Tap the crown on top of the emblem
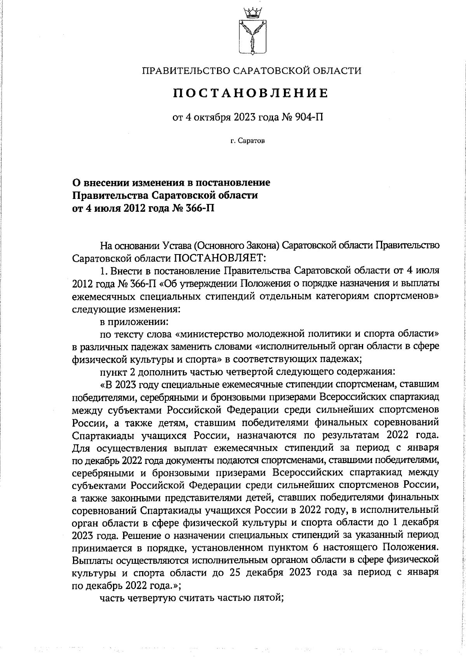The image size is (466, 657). [251, 12]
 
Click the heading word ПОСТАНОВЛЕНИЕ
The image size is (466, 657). [251, 93]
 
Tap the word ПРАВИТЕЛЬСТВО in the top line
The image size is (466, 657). [183, 71]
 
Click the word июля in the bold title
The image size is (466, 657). [108, 208]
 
